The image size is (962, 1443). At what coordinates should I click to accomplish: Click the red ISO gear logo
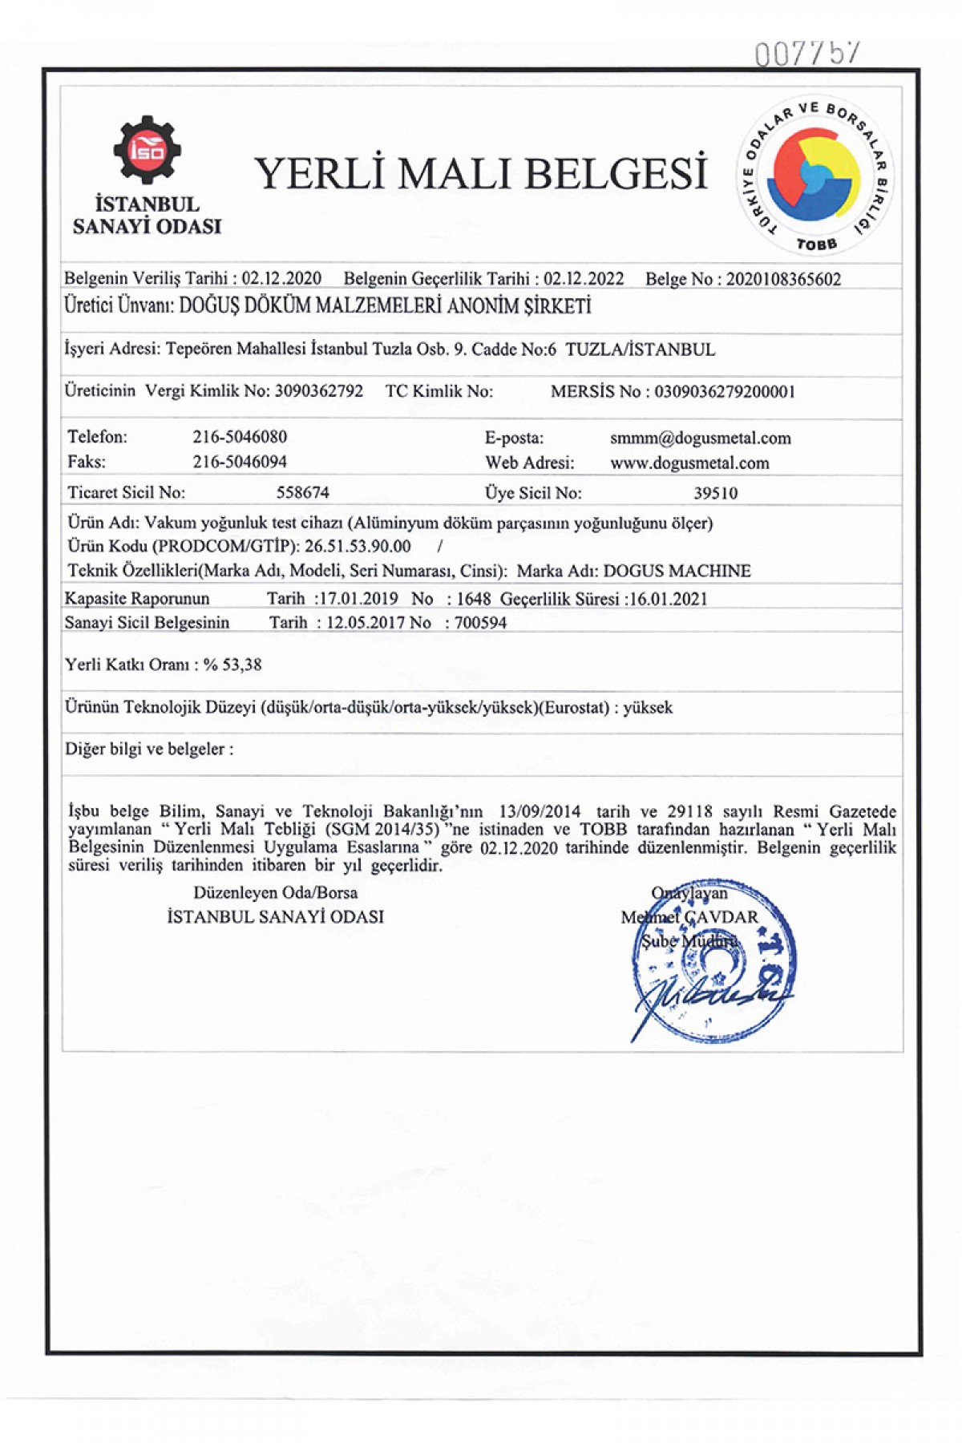tap(147, 149)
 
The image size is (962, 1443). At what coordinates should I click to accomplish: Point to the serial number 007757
tap(806, 54)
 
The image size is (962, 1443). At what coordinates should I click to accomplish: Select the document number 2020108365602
tap(783, 279)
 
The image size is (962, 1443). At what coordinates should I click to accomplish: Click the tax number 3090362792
tap(319, 391)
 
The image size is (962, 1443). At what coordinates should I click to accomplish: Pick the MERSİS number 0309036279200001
tap(725, 392)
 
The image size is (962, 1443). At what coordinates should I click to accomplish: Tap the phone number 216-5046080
tap(240, 437)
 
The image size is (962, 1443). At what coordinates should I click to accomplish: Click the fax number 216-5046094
tap(240, 462)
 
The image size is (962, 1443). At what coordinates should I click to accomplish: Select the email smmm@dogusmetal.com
tap(700, 439)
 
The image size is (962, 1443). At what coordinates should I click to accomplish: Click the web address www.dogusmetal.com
tap(689, 463)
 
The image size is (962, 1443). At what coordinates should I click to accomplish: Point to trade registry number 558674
tap(303, 492)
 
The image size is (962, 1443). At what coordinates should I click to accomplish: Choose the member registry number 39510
tap(715, 493)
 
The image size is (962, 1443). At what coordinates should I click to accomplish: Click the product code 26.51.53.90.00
tap(358, 547)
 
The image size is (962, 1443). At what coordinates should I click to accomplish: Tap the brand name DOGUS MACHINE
tap(677, 571)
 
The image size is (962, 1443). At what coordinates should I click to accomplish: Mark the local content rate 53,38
tap(242, 665)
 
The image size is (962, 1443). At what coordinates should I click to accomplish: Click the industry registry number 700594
tap(480, 623)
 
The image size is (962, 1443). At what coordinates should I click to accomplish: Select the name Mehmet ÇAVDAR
tap(689, 916)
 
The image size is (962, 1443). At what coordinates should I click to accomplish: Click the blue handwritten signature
tap(705, 998)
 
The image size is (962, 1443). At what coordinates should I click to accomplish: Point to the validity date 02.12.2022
tap(584, 279)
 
